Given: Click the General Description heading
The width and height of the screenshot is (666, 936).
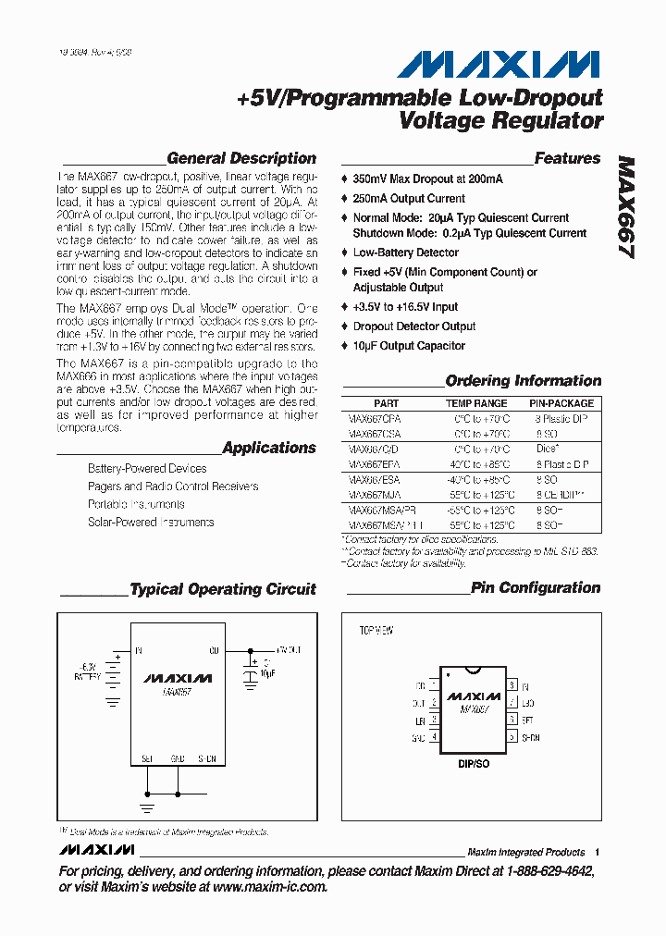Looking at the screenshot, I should (x=240, y=158).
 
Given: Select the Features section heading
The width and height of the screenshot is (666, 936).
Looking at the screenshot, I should (x=566, y=158).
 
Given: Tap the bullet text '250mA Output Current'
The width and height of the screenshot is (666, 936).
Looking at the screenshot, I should (x=409, y=198).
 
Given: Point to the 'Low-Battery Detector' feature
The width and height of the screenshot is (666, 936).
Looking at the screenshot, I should (x=405, y=252).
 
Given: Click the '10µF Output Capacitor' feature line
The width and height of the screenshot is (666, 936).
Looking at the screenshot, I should (x=409, y=346).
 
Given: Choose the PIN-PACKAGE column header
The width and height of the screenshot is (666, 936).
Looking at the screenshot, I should (x=561, y=403).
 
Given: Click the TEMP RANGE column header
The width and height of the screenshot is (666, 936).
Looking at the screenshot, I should (x=476, y=403).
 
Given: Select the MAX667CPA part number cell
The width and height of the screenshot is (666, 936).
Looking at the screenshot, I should (x=375, y=418).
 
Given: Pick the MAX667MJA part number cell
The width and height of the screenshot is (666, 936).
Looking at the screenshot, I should (x=375, y=495).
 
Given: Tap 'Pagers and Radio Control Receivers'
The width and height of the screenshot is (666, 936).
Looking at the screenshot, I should (x=173, y=486).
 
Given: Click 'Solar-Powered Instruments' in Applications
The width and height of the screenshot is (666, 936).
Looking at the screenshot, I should (x=151, y=522).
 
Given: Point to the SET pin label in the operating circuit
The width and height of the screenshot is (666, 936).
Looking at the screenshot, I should (x=147, y=757).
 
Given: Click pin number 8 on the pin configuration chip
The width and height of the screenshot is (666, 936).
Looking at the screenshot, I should (x=512, y=685).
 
